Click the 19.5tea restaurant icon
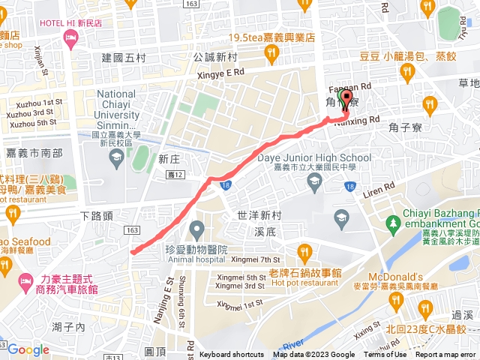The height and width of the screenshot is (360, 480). [271, 52]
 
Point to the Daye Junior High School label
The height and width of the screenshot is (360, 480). [319, 157]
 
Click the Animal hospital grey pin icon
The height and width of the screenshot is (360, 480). [196, 228]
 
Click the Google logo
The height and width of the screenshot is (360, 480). [28, 349]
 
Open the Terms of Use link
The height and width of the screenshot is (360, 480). [385, 355]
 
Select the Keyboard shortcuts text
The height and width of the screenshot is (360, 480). [232, 355]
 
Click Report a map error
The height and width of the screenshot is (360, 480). [445, 355]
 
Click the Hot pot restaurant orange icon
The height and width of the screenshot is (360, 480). [303, 250]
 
